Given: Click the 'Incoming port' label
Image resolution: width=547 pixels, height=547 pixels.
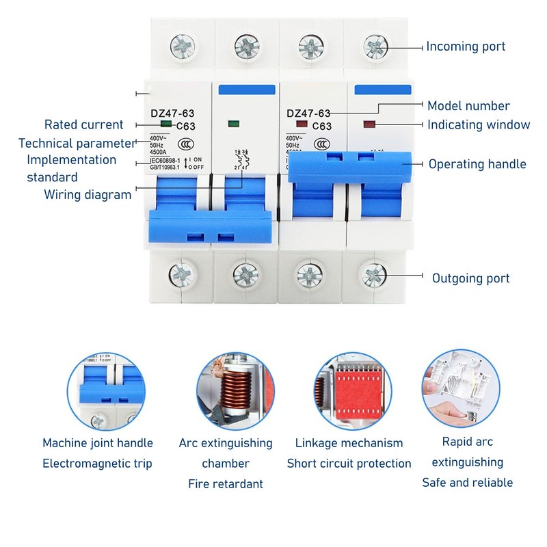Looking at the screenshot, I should (x=466, y=46).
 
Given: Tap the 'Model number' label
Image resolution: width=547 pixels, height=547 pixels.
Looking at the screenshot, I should (x=468, y=106).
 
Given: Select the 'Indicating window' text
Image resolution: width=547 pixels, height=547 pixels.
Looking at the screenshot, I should (x=479, y=124).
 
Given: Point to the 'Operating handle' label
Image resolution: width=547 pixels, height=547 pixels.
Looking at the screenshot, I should (x=477, y=164).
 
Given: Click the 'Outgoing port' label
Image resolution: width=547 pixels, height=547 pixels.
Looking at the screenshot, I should (x=470, y=278).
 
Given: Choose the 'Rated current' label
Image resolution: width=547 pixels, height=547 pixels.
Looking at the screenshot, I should (x=84, y=124).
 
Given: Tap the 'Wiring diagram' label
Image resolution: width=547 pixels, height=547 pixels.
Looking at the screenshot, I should (x=88, y=194).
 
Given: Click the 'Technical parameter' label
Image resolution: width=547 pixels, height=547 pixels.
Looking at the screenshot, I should (x=77, y=144).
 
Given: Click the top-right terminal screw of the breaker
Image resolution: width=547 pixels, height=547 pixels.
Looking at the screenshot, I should (x=373, y=46).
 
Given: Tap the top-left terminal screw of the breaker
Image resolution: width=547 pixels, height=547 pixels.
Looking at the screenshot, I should (x=183, y=46).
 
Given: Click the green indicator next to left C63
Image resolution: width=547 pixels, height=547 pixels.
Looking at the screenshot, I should (x=165, y=124).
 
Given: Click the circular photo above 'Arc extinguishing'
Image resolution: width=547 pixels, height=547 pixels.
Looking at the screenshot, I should (x=237, y=392).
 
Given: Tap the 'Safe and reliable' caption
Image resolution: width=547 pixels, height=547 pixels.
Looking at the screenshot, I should (x=467, y=483).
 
